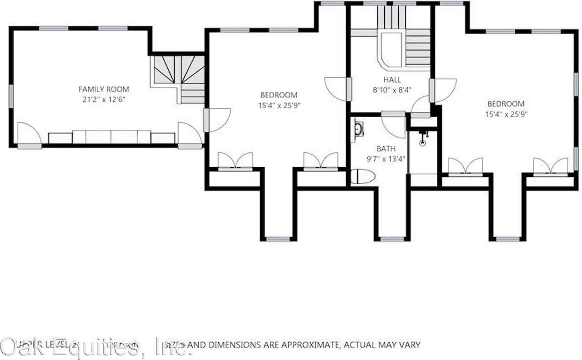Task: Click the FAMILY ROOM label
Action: pos(104,90)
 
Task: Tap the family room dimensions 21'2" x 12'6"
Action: pos(104,99)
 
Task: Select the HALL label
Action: pos(392,80)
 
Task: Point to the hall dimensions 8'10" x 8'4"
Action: pos(392,90)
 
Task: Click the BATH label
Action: pos(386,149)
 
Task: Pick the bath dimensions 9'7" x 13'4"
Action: pos(386,159)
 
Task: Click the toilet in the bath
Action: pos(362,176)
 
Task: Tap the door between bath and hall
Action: pos(393,125)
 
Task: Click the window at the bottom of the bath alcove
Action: pos(392,239)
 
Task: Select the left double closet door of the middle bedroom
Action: pos(235,162)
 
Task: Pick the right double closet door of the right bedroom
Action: pos(551,166)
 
